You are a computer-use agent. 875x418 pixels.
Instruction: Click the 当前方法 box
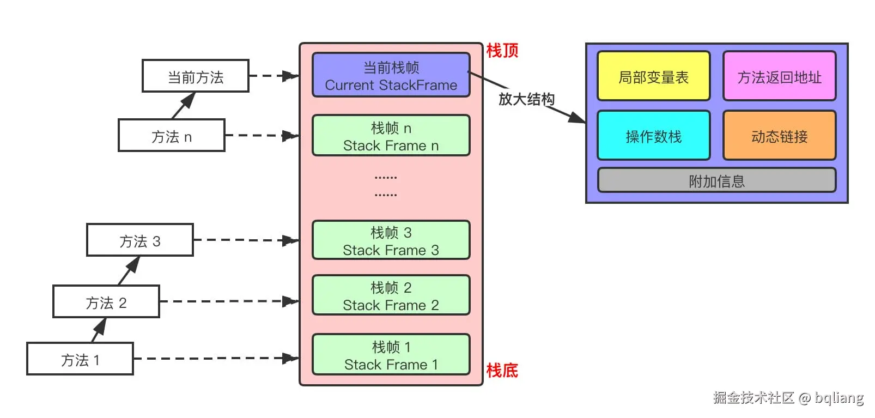pos(195,76)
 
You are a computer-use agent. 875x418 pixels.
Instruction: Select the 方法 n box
pos(171,136)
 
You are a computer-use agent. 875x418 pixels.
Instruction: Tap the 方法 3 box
pos(139,240)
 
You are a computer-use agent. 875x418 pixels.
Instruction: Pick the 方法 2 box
pos(106,302)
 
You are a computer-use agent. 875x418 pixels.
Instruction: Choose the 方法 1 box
pos(80,359)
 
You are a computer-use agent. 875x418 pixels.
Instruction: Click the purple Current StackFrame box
pos(391,75)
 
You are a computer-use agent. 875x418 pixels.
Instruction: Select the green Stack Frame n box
pos(391,136)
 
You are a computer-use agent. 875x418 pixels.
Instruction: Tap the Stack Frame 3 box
pos(391,240)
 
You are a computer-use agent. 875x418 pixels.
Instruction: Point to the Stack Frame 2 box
pos(391,295)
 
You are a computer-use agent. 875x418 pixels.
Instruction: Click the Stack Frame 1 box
pos(391,355)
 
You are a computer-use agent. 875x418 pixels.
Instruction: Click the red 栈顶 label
pos(502,51)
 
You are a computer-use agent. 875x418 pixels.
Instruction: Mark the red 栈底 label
pos(502,371)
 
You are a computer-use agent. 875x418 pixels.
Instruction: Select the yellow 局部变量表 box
pos(653,77)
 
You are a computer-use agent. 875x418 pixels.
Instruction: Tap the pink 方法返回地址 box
pos(779,77)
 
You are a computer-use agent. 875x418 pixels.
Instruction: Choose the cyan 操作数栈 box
pos(653,136)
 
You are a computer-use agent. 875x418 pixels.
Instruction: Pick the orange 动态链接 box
pos(779,136)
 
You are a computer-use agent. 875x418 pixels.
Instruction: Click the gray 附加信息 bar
pos(716,180)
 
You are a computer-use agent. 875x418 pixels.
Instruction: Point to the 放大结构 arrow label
pos(526,99)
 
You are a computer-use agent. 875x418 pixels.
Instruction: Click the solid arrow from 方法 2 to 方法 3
pos(129,271)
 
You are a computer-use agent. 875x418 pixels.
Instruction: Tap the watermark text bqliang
pos(839,398)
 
